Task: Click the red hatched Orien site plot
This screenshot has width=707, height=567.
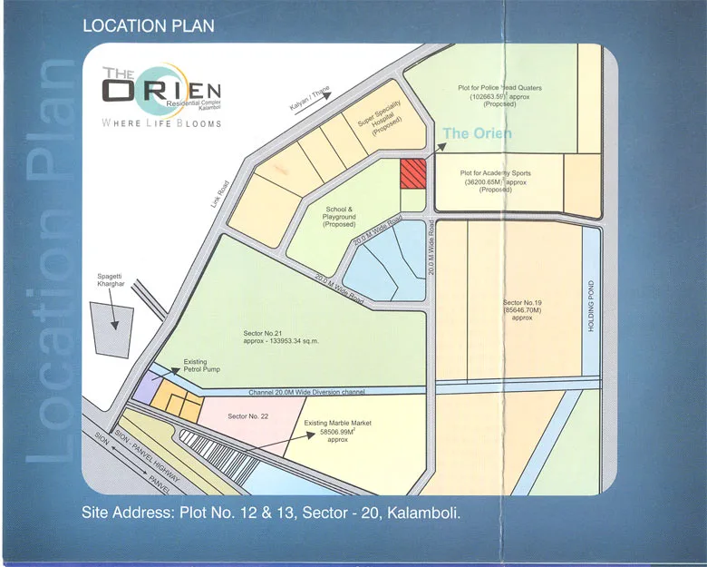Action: (413, 171)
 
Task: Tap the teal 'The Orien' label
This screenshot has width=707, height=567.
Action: (479, 133)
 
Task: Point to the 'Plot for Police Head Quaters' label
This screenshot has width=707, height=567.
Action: (499, 96)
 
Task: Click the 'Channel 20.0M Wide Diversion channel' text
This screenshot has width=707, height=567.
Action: (307, 392)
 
